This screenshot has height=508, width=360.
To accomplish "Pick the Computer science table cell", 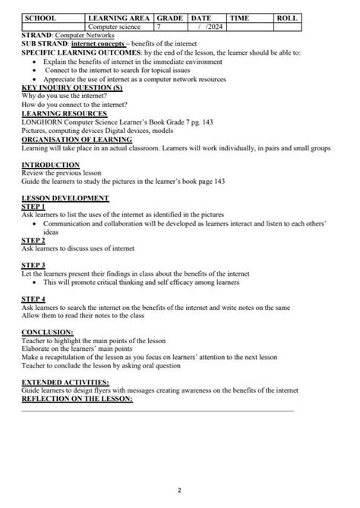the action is pyautogui.click(x=114, y=26).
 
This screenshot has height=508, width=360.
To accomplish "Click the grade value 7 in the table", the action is pyautogui.click(x=159, y=26).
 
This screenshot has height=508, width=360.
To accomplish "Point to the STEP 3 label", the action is pyautogui.click(x=33, y=265).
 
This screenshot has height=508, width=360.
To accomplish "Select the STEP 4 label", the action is pyautogui.click(x=33, y=298).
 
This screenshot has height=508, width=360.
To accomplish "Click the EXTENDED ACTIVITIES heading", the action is pyautogui.click(x=65, y=383).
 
